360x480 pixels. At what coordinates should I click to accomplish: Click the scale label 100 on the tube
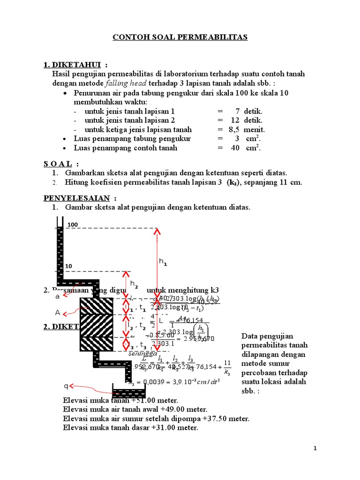(72, 225)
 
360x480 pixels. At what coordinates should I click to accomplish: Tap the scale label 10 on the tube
(68, 266)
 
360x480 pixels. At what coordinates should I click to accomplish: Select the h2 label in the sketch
(134, 284)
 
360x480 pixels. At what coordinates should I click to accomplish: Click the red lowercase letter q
(66, 386)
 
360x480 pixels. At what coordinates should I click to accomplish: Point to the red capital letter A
(58, 313)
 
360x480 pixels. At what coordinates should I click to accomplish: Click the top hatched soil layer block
(96, 306)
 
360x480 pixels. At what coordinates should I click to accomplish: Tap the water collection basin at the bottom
(129, 392)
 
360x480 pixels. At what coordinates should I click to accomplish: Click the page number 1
(315, 449)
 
